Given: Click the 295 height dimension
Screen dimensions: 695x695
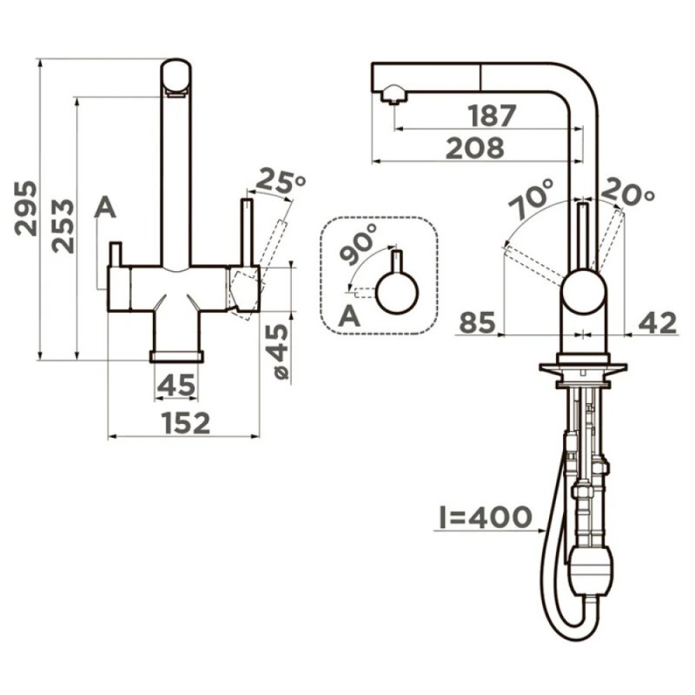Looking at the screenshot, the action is (x=25, y=208).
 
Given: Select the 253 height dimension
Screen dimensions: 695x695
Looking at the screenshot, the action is (x=63, y=226).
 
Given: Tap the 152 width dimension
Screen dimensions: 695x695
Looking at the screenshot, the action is (x=185, y=423).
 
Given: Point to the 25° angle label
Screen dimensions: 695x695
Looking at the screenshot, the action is (x=280, y=181).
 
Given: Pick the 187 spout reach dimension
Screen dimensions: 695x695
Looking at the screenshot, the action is (x=493, y=115).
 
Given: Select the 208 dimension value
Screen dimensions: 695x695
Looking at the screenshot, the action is (x=475, y=147).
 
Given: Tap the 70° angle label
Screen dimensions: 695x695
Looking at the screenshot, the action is (x=531, y=199).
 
